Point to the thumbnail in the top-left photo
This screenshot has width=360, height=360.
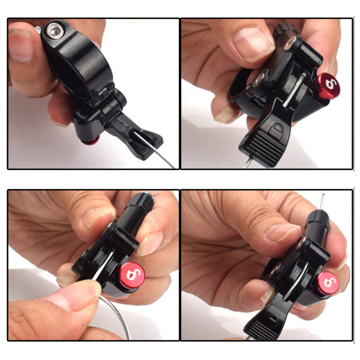21,47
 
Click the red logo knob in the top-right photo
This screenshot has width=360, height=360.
326,85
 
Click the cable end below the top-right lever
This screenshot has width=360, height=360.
247,163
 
